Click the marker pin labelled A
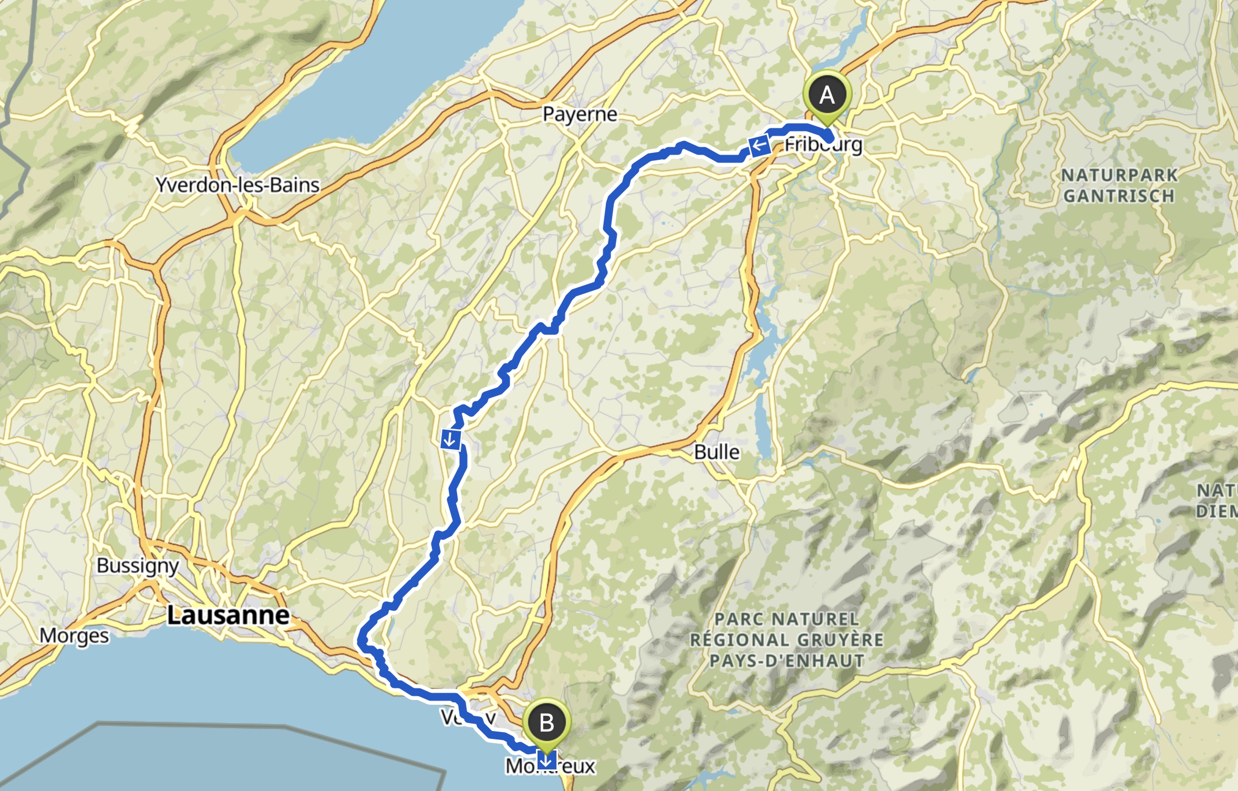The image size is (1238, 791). point(827,96)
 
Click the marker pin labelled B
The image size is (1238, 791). point(546,724)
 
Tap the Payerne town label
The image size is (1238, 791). point(580,114)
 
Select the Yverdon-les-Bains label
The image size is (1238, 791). point(238,185)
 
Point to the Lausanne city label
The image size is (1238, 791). point(228,615)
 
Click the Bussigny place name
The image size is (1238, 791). point(138,566)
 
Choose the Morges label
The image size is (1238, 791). point(74,636)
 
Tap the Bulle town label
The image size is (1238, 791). point(717,452)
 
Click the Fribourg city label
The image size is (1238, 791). point(823,144)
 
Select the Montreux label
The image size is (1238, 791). point(550,766)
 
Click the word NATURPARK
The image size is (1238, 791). point(1119,175)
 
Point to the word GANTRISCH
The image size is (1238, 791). point(1119,196)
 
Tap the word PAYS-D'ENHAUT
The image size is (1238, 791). point(787,661)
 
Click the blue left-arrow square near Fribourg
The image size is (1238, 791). point(759,145)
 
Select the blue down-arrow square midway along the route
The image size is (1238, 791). point(451,440)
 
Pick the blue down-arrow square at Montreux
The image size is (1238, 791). point(547,760)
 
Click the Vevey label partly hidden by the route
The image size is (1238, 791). point(468,717)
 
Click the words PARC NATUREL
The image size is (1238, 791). point(787,620)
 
